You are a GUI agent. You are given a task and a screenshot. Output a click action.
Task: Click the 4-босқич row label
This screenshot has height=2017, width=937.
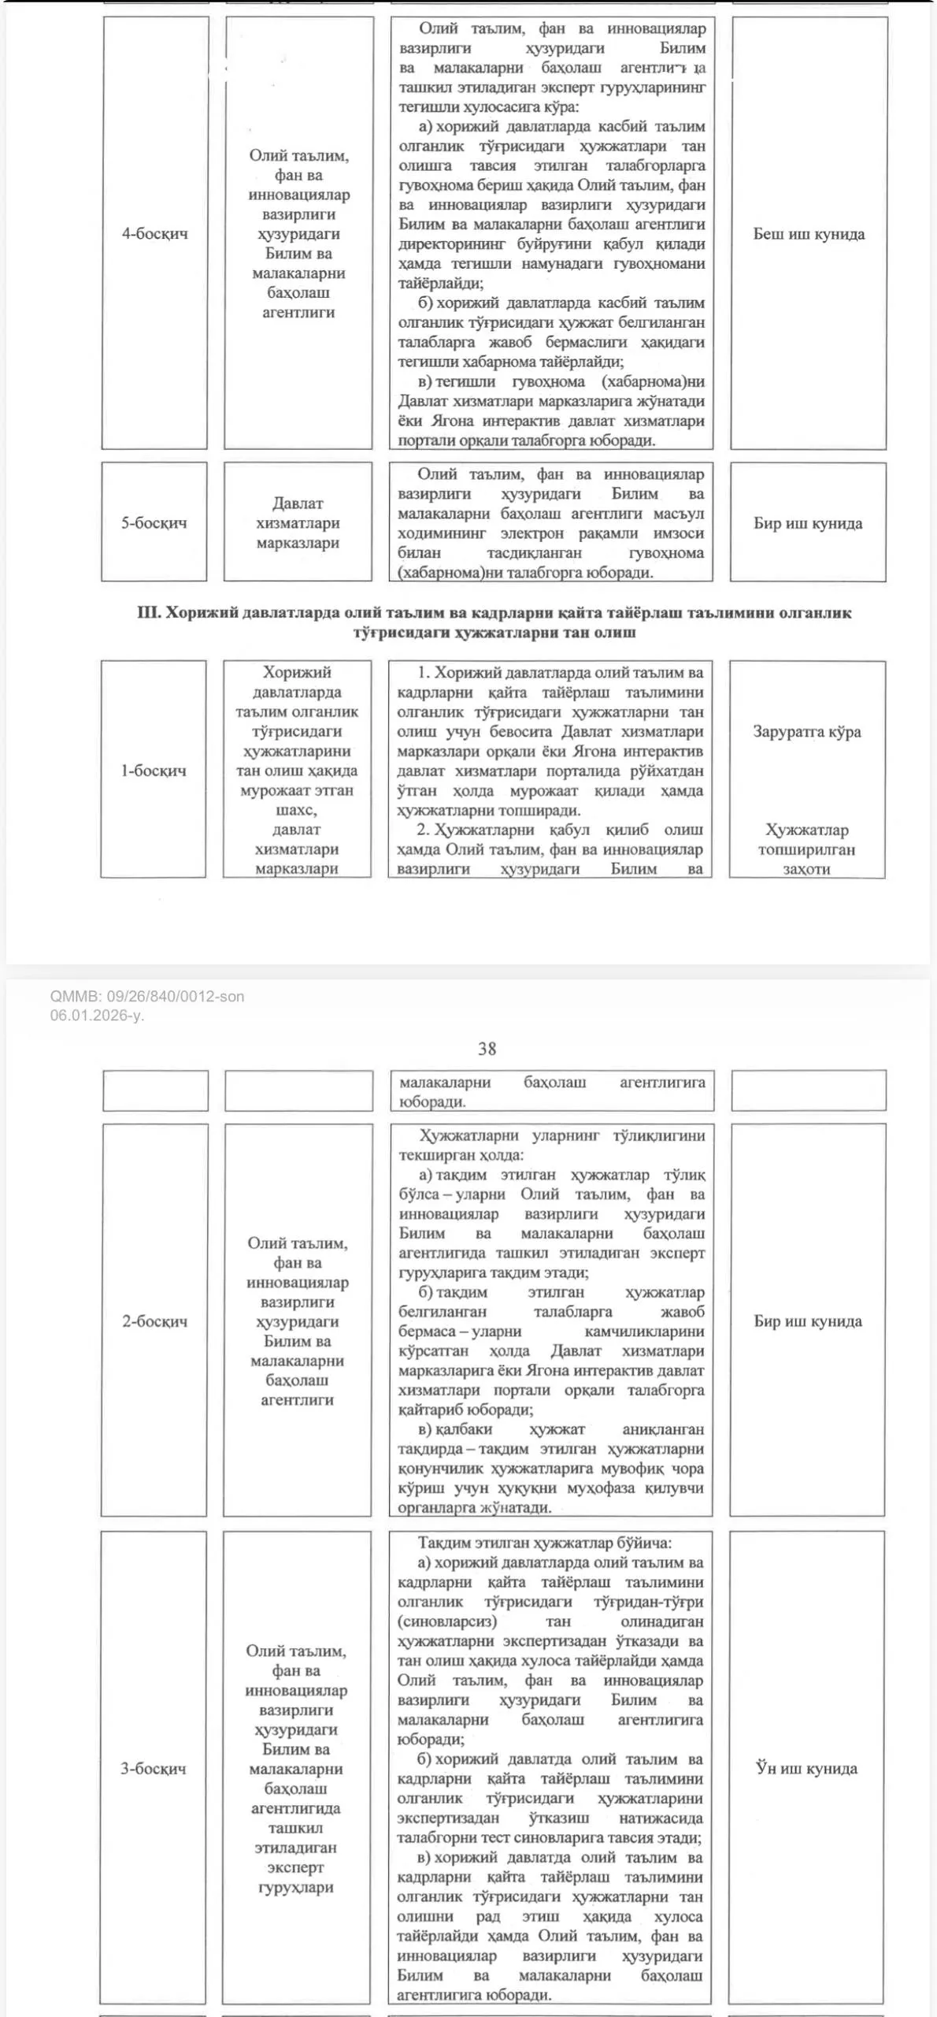click(154, 233)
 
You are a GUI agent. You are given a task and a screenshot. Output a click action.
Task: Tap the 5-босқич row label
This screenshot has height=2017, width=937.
click(154, 523)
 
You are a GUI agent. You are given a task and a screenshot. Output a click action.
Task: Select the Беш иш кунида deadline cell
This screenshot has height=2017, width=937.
click(809, 234)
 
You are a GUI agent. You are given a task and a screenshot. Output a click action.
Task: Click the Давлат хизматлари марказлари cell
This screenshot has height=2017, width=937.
click(298, 523)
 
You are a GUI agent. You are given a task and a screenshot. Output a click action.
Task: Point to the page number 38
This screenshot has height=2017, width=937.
click(487, 1049)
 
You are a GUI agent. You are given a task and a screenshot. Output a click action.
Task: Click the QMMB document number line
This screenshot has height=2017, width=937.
click(147, 997)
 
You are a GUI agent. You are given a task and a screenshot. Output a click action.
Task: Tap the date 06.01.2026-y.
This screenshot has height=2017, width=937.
click(97, 1016)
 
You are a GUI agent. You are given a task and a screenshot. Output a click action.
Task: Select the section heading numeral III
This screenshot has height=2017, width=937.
click(148, 613)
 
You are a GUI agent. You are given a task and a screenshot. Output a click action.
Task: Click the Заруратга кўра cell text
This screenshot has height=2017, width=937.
click(807, 732)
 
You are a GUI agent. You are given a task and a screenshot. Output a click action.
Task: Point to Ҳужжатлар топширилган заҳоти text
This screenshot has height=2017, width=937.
click(806, 849)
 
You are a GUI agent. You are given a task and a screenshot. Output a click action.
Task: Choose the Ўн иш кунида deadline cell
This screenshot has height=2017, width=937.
click(806, 1769)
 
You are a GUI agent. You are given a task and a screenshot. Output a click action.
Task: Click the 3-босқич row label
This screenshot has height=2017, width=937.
click(153, 1769)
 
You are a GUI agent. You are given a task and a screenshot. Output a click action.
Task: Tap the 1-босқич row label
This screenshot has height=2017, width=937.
click(153, 771)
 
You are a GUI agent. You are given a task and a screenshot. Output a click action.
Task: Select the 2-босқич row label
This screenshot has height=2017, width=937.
click(154, 1321)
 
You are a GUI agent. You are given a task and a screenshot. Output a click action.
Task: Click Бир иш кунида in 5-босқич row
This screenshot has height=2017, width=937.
click(808, 523)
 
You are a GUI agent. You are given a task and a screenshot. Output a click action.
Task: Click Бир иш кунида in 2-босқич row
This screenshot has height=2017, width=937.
click(808, 1321)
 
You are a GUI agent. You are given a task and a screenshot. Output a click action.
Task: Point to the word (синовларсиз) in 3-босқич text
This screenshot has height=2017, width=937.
click(447, 1621)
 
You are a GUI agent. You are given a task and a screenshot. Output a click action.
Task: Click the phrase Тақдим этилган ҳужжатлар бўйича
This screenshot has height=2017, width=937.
click(545, 1543)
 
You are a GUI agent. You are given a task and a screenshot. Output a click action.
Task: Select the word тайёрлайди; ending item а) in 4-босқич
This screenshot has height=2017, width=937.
click(441, 284)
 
